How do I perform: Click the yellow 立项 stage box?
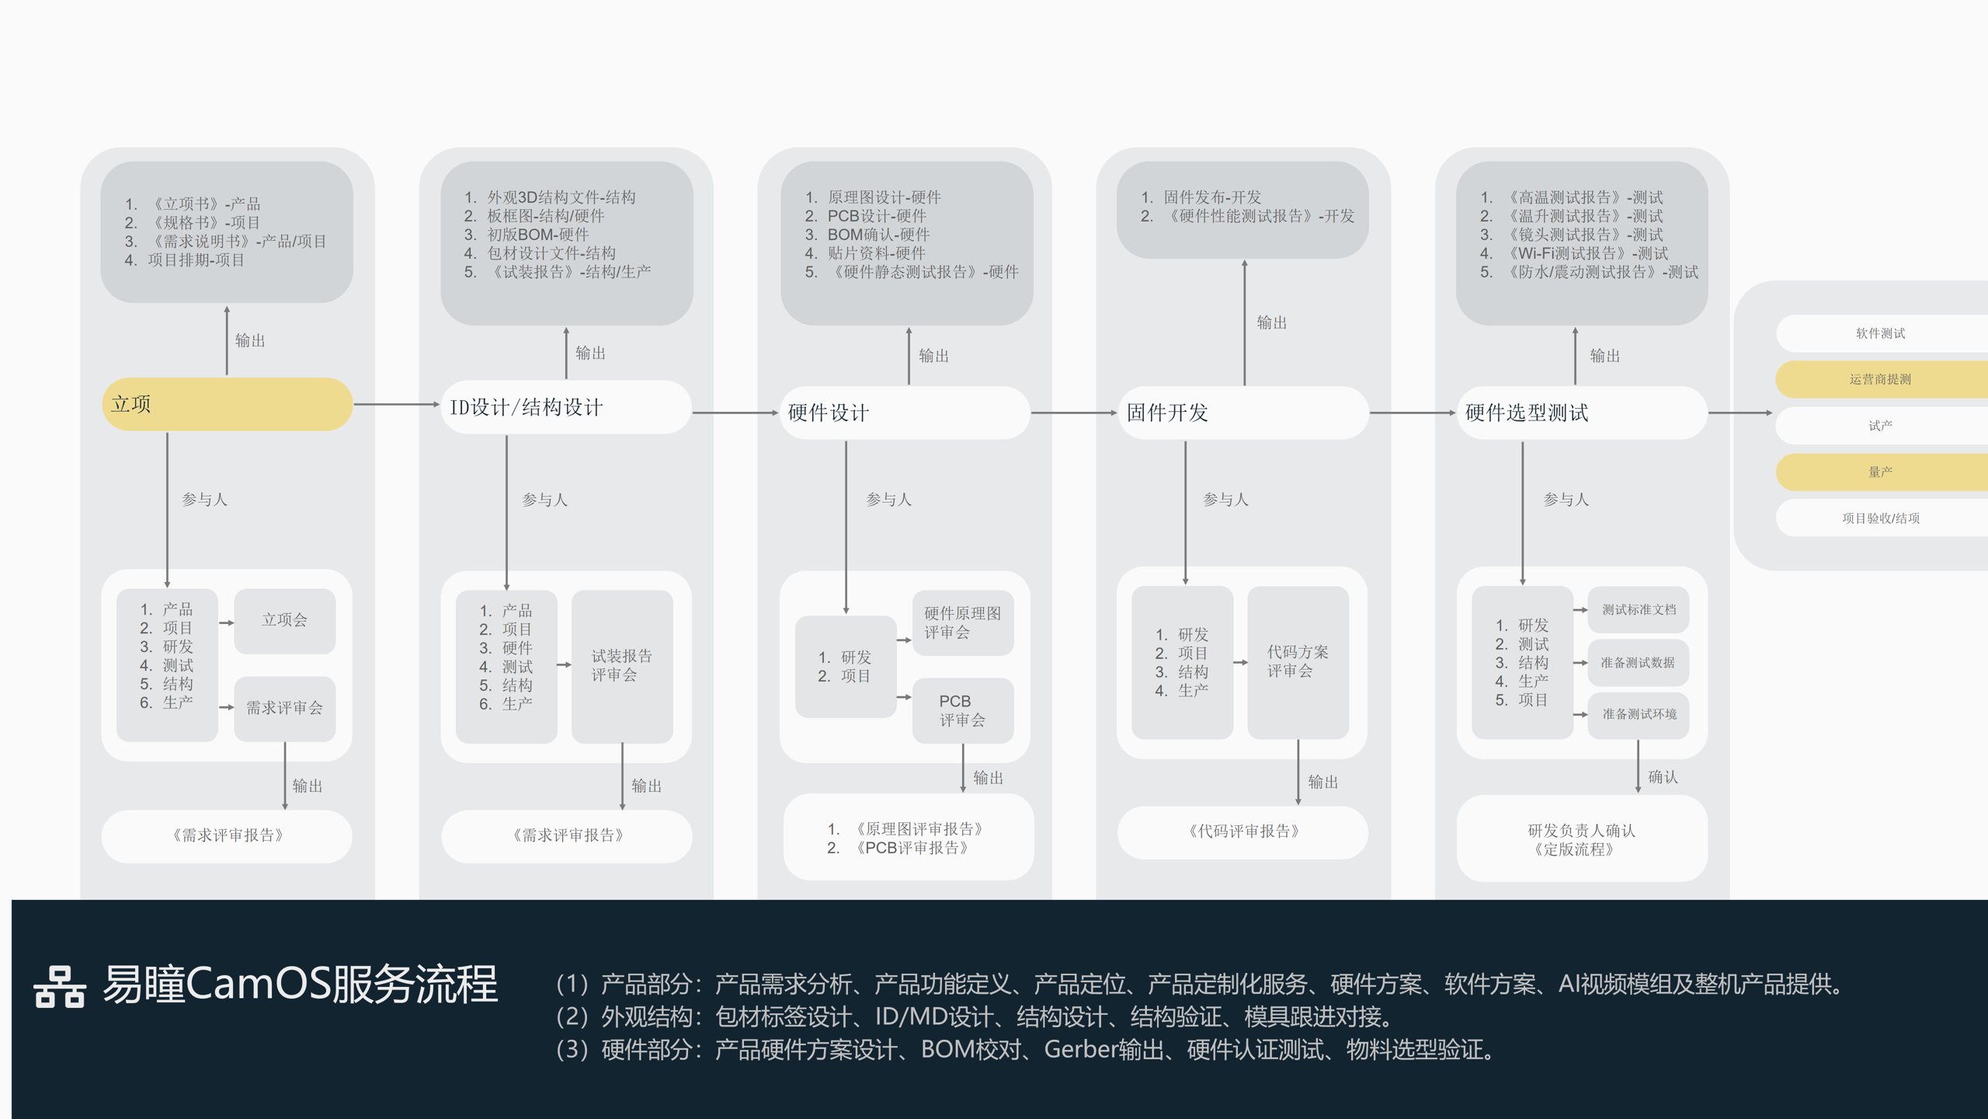click(x=227, y=404)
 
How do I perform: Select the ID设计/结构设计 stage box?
click(x=565, y=407)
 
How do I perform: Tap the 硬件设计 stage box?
click(x=905, y=413)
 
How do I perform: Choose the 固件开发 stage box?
click(x=1242, y=413)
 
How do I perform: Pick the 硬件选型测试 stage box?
click(x=1581, y=413)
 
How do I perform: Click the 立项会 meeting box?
click(x=284, y=620)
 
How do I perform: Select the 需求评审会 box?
click(x=284, y=708)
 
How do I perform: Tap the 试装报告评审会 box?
click(x=621, y=665)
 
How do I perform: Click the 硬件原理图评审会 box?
click(x=962, y=622)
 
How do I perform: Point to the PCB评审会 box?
click(x=962, y=710)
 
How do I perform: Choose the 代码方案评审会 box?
click(x=1298, y=661)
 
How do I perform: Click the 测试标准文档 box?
click(x=1639, y=610)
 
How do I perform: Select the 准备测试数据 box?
click(x=1638, y=663)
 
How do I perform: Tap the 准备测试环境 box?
click(x=1639, y=714)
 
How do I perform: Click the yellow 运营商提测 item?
click(x=1880, y=379)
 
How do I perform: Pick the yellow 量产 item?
click(x=1880, y=472)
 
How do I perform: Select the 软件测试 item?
click(x=1880, y=333)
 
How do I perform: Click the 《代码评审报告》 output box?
click(x=1242, y=831)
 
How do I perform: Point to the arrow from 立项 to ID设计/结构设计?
click(x=396, y=404)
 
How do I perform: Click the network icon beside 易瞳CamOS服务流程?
click(x=60, y=987)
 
